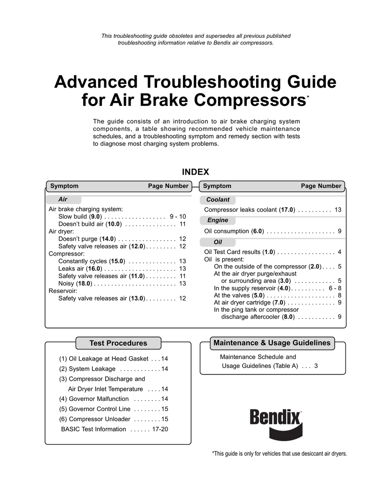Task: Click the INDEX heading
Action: pyautogui.click(x=195, y=172)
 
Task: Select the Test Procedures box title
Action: pyautogui.click(x=118, y=343)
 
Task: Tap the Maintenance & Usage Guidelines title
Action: pyautogui.click(x=271, y=343)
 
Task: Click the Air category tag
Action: pyautogui.click(x=63, y=199)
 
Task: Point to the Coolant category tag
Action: pyautogui.click(x=218, y=199)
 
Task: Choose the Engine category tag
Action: pyautogui.click(x=217, y=221)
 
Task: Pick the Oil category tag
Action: pyautogui.click(x=217, y=242)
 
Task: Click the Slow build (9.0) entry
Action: pyautogui.click(x=79, y=217)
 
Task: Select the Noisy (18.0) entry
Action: pyautogui.click(x=75, y=283)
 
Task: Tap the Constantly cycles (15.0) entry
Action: pyautogui.click(x=91, y=261)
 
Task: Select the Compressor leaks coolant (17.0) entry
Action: pyautogui.click(x=249, y=210)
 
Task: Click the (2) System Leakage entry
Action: pyautogui.click(x=87, y=369)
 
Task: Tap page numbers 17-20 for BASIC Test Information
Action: pyautogui.click(x=160, y=429)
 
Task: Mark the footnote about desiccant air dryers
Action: pyautogui.click(x=279, y=454)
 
